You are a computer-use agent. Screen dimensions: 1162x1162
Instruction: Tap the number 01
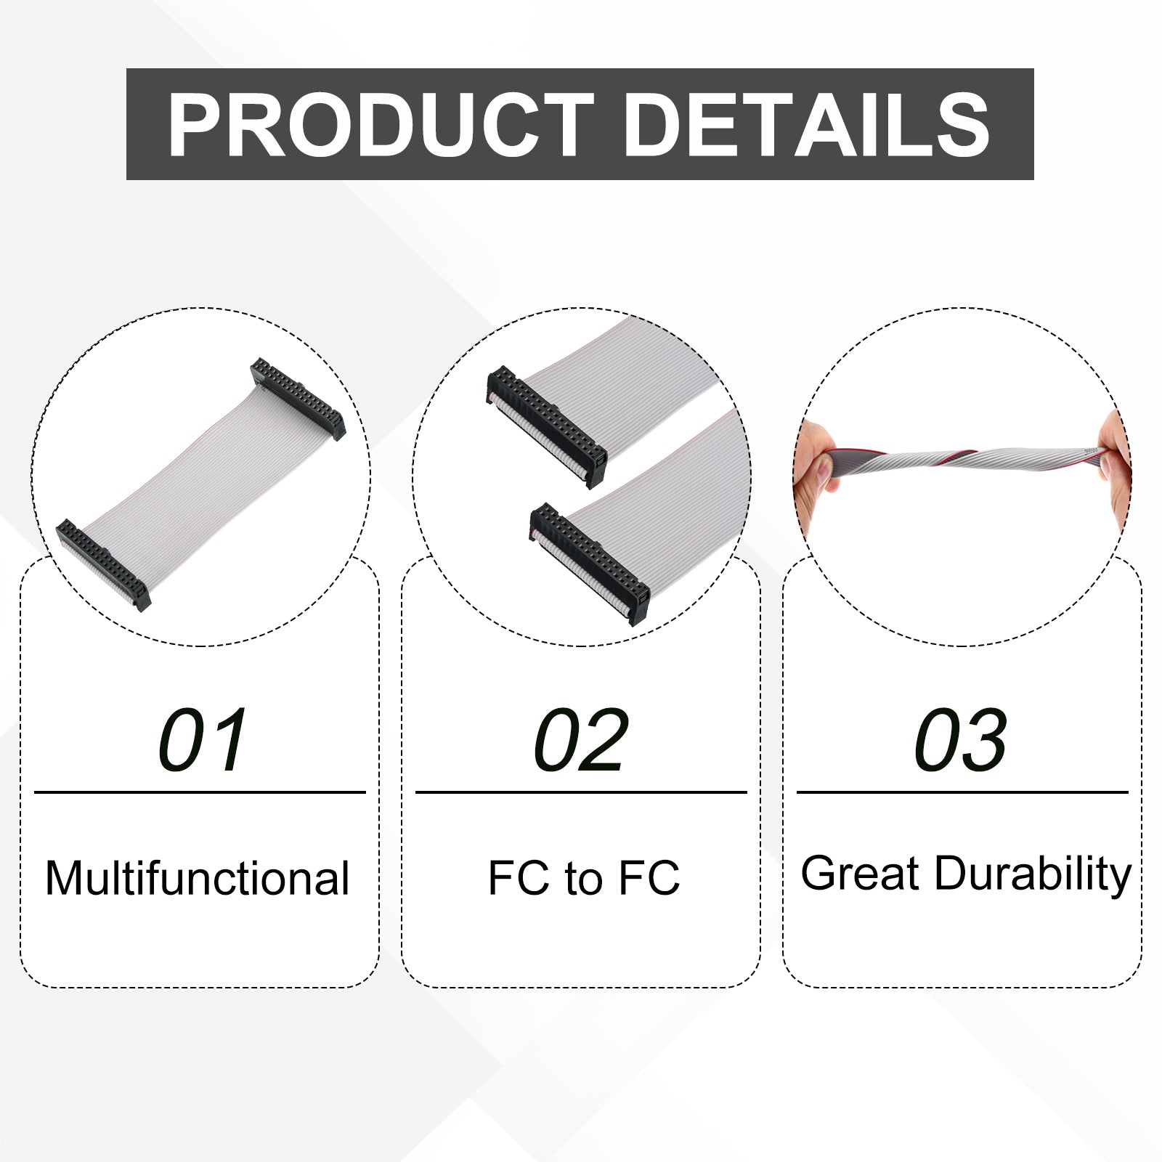203,740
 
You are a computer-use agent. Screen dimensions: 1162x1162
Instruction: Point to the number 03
961,740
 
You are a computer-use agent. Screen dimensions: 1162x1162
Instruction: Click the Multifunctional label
198,878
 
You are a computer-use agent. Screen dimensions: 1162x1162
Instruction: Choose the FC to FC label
584,877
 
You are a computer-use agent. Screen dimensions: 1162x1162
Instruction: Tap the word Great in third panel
861,874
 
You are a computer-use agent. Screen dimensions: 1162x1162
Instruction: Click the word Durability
1033,874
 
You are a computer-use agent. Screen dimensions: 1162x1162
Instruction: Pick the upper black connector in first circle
298,399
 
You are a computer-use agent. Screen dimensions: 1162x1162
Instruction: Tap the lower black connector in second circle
590,564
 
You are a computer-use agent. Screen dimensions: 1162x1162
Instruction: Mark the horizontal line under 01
200,792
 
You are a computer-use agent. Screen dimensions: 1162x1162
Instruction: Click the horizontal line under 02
581,792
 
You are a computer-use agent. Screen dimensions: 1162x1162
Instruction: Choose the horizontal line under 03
962,792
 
